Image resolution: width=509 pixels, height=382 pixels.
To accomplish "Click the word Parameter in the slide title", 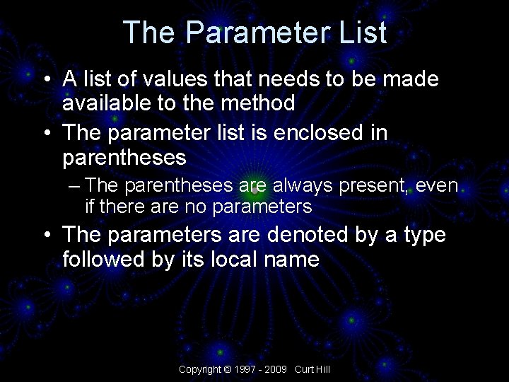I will (x=255, y=33).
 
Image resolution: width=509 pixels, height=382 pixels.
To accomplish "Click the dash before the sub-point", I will (x=76, y=186).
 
